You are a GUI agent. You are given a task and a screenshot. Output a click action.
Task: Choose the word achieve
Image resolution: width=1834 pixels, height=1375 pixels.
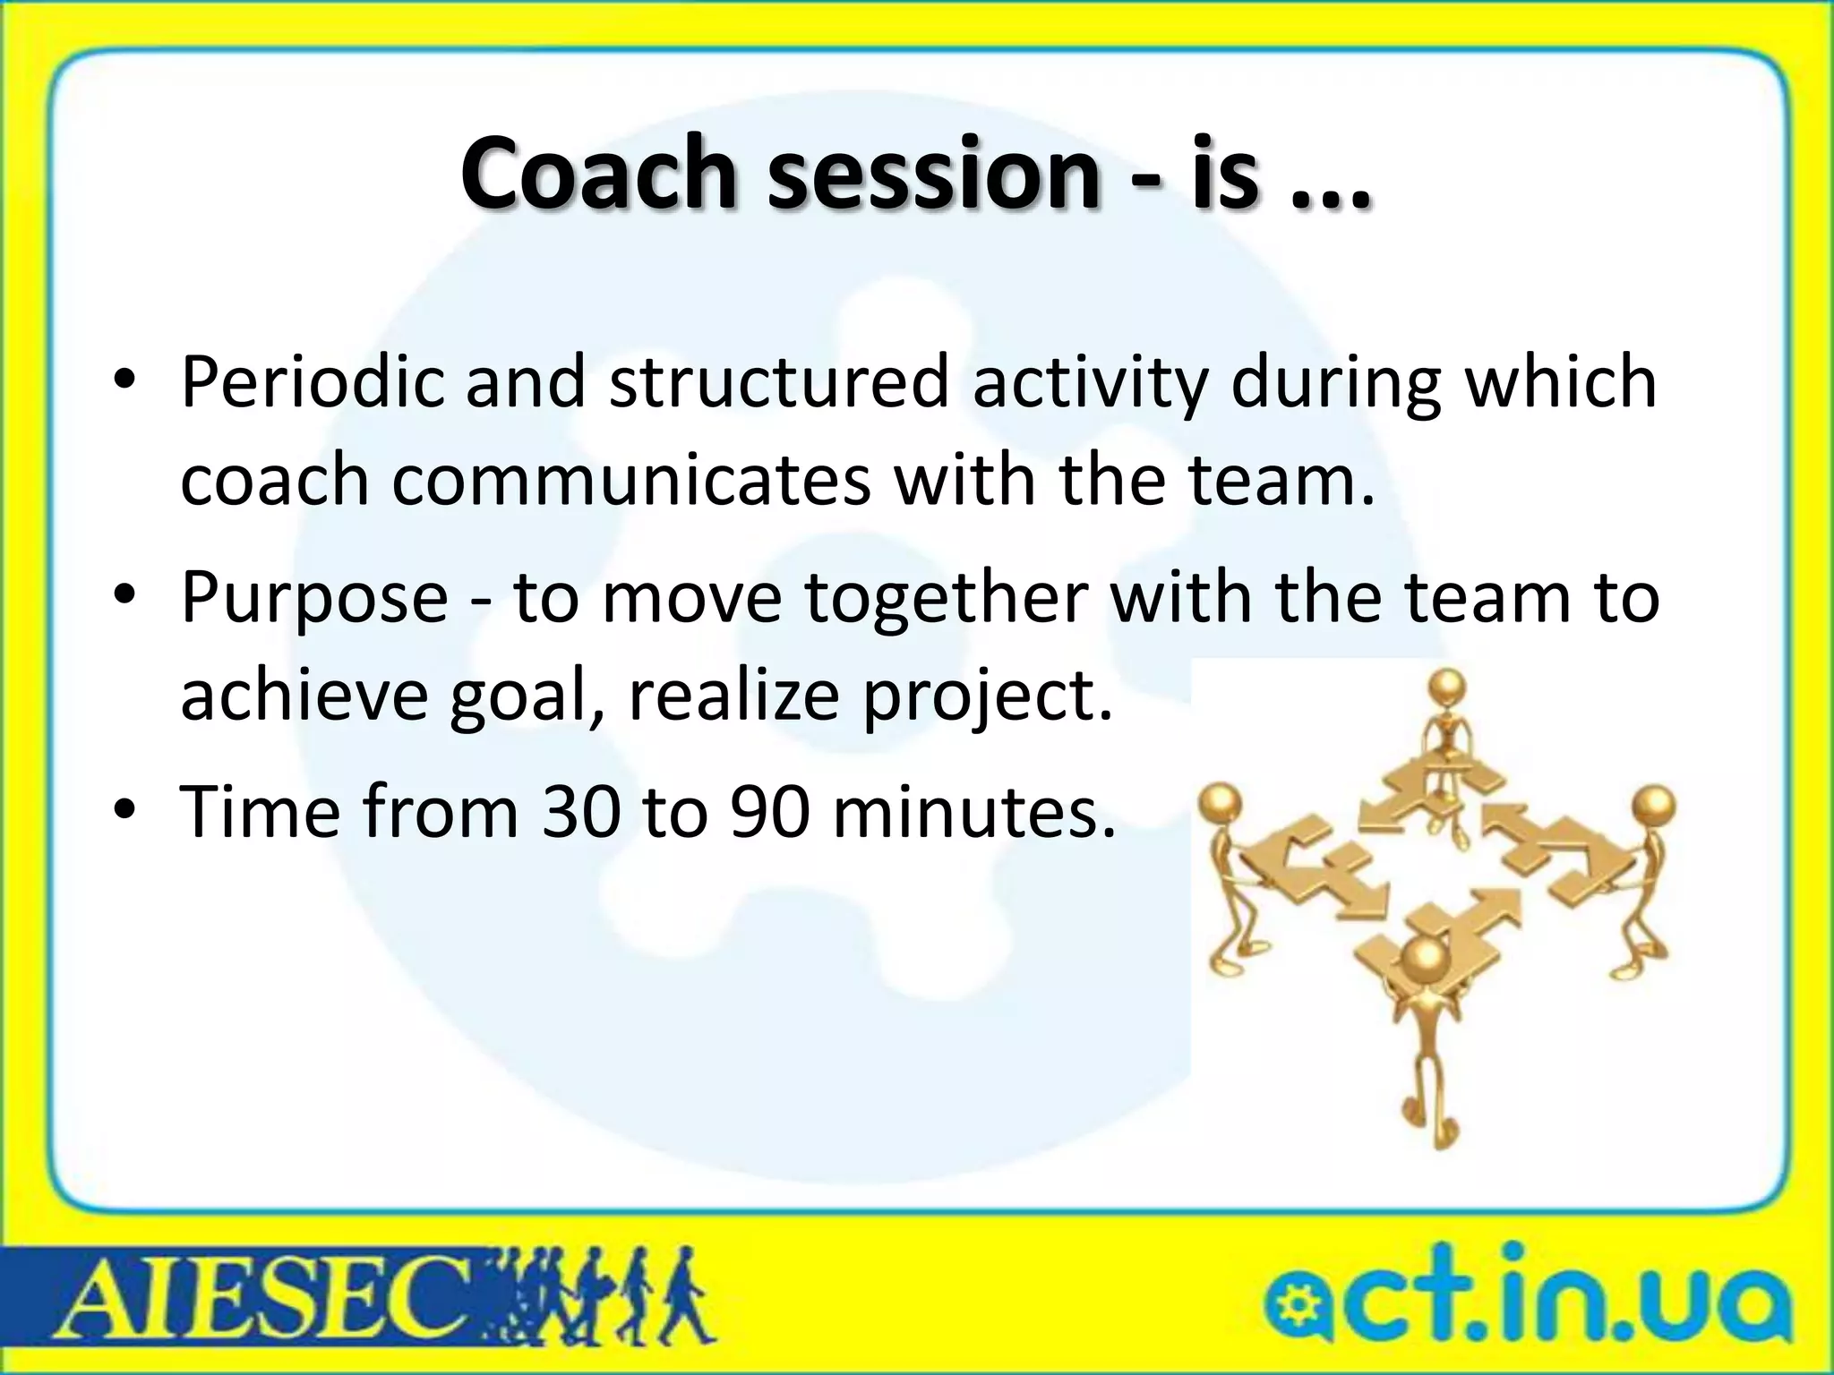304,695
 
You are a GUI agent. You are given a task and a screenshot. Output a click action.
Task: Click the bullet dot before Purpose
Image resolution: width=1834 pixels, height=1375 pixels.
124,595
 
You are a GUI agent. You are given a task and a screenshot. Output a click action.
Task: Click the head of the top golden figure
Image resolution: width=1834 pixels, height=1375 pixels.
1447,687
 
